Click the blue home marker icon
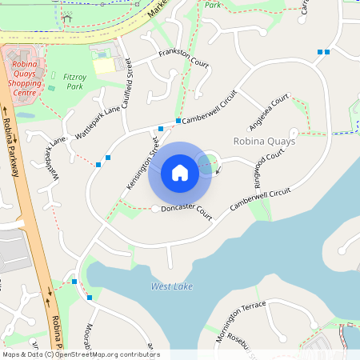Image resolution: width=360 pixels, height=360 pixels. click(x=180, y=173)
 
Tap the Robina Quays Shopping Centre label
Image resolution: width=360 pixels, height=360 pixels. click(x=24, y=76)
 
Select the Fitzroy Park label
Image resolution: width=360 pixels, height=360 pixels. click(x=74, y=81)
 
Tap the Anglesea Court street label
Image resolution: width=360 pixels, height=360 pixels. click(x=269, y=112)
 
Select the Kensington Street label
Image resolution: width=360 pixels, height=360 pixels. click(x=142, y=164)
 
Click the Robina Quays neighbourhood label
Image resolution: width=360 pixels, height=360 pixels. click(x=264, y=141)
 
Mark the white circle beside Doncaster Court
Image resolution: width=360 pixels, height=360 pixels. click(x=154, y=209)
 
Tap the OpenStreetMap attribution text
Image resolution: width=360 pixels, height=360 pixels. click(x=80, y=354)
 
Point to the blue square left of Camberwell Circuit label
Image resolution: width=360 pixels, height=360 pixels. click(x=178, y=121)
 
